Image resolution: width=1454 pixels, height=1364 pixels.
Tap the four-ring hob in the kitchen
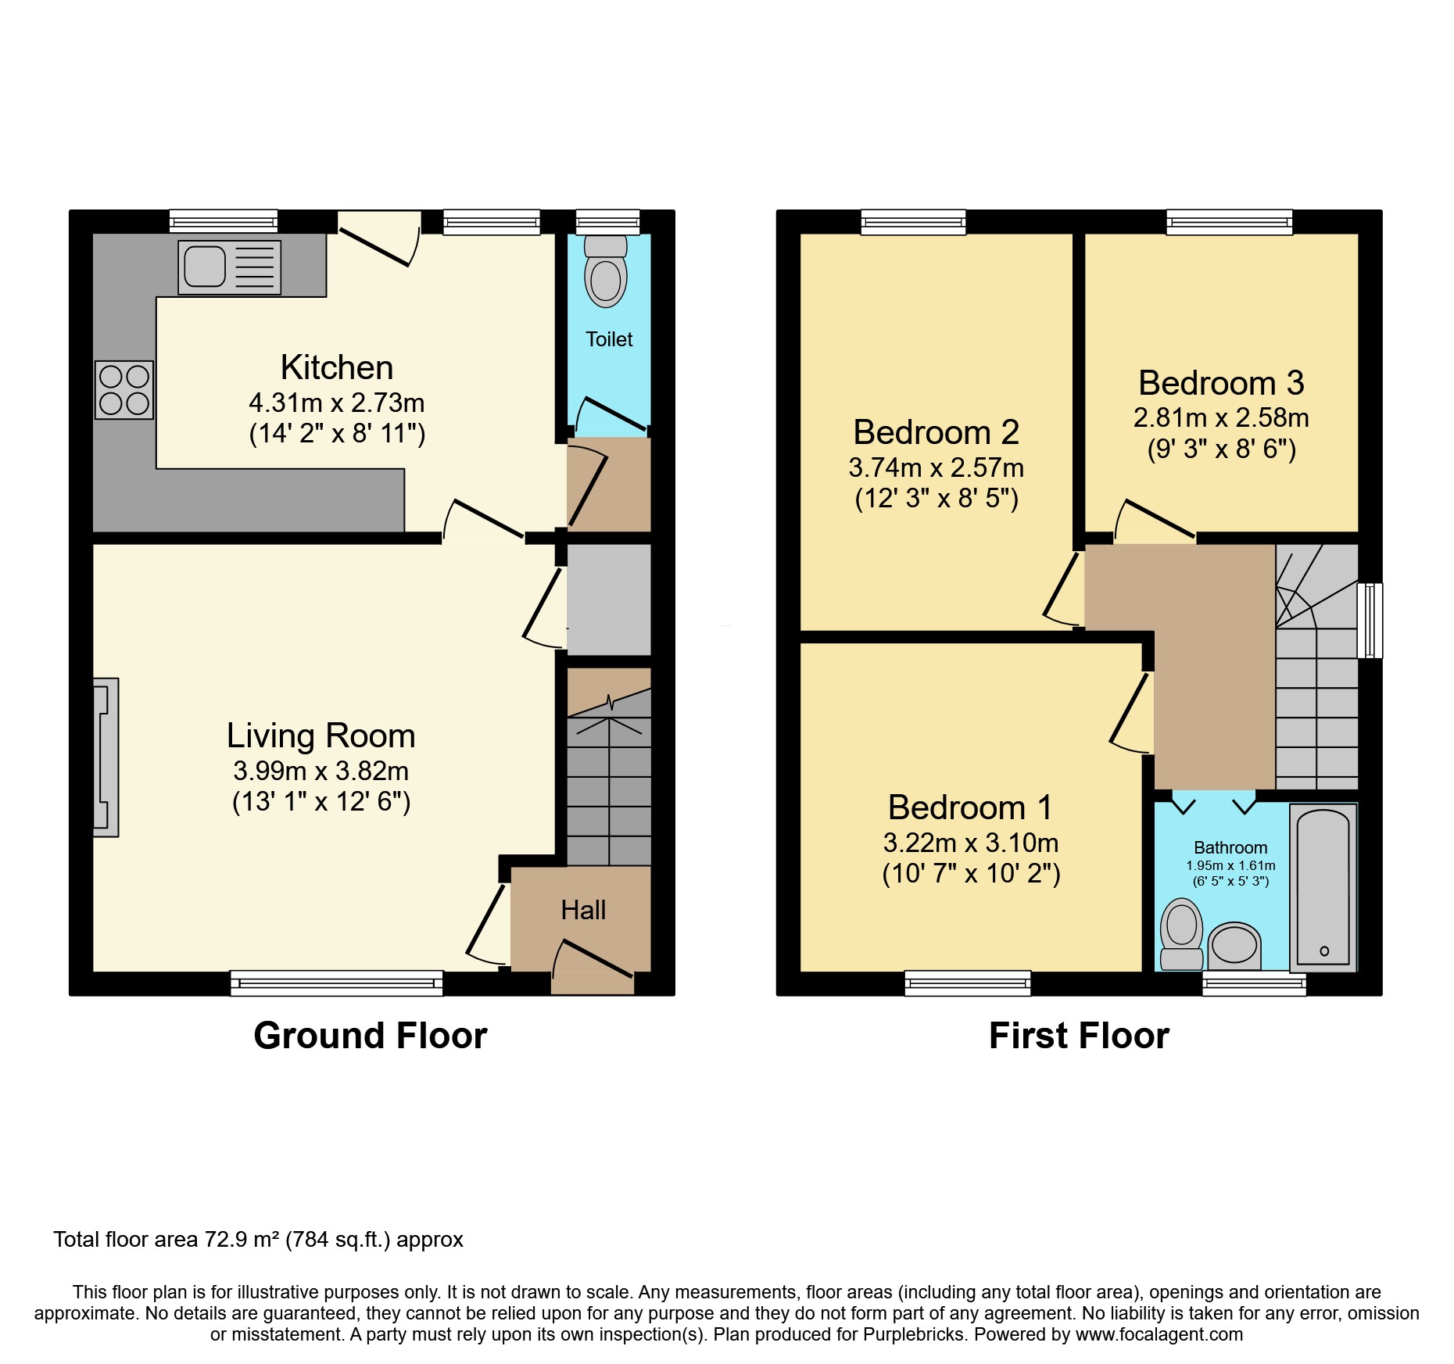pos(124,390)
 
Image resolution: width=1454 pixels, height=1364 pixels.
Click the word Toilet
pos(609,339)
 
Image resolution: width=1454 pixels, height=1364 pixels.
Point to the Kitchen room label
pos(337,367)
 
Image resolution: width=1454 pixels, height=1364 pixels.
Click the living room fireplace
pos(106,757)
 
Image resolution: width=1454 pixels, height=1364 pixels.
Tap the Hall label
pos(583,910)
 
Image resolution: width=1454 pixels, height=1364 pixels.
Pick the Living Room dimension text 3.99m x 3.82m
pos(321,771)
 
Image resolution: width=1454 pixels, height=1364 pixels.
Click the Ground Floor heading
pos(370,1036)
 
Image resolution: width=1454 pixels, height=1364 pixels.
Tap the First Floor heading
pos(1079,1036)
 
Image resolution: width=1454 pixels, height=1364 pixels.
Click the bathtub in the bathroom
pos(1323,887)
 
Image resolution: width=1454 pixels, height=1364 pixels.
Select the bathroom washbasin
pos(1234,945)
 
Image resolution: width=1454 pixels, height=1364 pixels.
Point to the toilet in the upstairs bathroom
pos(1181,934)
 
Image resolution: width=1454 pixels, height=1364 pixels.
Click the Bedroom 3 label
pos(1221,383)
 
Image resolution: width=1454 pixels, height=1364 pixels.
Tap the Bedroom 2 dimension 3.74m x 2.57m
pos(936,467)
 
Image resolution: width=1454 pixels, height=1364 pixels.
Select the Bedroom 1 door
pos(1130,710)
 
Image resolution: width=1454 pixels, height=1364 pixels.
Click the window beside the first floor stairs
pos(1370,620)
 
